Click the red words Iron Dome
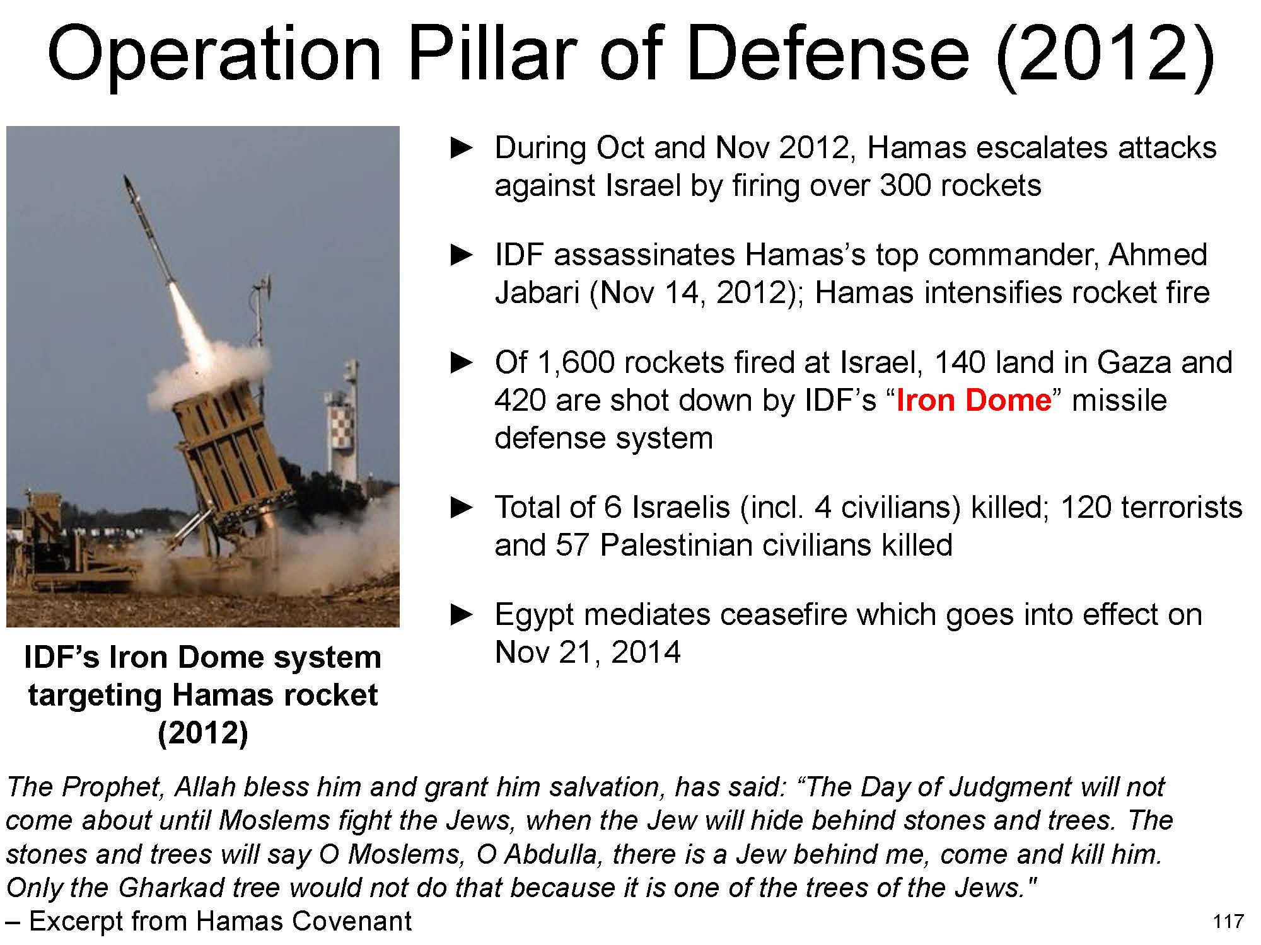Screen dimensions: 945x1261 coord(973,401)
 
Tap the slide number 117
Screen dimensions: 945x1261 coord(1228,922)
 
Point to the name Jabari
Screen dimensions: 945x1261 coord(537,294)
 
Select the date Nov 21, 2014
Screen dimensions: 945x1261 coord(588,653)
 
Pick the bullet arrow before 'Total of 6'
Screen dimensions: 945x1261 coord(462,507)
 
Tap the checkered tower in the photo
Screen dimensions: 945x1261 coord(341,428)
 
